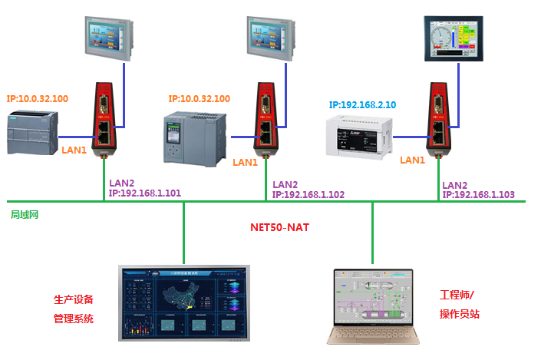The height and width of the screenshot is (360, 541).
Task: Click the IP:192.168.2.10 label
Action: click(x=362, y=104)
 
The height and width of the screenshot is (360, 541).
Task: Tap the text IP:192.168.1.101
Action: click(x=145, y=193)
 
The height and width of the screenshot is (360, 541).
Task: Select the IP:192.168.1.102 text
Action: click(x=308, y=195)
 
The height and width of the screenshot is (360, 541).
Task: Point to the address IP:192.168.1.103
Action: click(x=478, y=195)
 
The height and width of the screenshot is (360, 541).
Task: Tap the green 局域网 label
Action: click(x=25, y=214)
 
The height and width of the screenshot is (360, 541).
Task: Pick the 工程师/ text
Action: click(x=457, y=295)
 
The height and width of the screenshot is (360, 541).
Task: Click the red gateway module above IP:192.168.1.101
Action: click(x=104, y=119)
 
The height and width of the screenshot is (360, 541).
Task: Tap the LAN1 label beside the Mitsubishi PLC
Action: click(x=412, y=160)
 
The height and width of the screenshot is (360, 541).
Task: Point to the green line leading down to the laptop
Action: click(x=373, y=234)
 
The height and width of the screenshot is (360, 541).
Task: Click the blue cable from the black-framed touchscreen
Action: click(x=459, y=92)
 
